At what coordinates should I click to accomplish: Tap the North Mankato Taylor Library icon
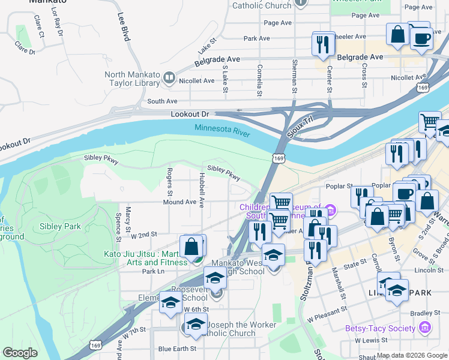coord(169,77)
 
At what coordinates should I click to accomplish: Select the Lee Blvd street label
coord(124,28)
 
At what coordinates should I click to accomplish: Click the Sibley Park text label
coord(60,226)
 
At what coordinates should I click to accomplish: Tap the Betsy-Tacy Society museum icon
coord(425,328)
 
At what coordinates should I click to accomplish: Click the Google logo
coord(20,353)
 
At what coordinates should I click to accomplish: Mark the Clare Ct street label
coord(41,31)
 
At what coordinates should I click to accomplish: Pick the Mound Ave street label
coord(179,202)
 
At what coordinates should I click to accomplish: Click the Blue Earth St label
coord(176,349)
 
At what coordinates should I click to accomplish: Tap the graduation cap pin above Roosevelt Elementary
coord(215,278)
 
